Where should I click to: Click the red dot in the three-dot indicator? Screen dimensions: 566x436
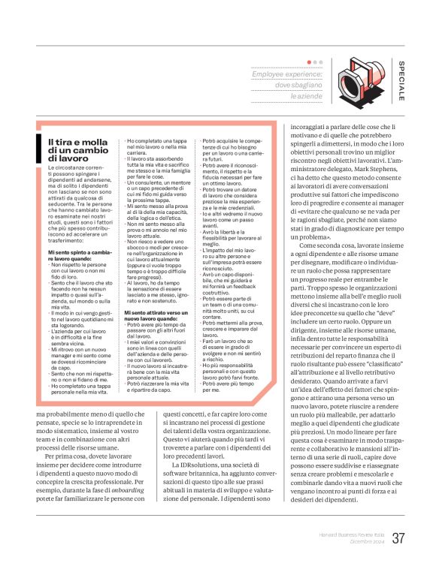[x=310, y=62]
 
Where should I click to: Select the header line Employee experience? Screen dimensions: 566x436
[x=287, y=75]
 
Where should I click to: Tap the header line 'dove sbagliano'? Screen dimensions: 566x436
[x=298, y=86]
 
